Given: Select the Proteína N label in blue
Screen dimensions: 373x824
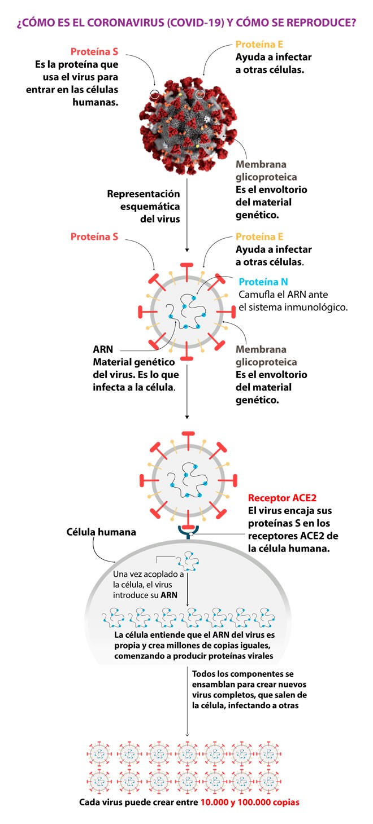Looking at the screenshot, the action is (x=263, y=282).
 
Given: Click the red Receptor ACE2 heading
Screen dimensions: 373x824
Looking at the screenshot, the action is (x=282, y=498).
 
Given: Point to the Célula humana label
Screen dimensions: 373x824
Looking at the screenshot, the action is (x=101, y=532).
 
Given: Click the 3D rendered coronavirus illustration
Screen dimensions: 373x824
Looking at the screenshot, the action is (x=188, y=125).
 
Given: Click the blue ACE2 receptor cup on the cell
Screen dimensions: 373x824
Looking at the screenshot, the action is (x=188, y=531).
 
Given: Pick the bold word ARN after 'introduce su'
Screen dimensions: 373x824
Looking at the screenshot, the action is (x=169, y=595).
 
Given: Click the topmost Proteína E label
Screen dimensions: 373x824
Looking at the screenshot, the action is (x=259, y=45).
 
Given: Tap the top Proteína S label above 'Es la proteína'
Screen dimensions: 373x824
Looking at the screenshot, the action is (x=94, y=51).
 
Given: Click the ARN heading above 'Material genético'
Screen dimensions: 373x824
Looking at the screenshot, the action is (x=103, y=349).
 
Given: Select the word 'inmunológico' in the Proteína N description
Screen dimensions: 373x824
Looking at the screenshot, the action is (x=316, y=307).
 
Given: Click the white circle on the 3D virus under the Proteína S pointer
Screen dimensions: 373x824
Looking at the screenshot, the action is (x=155, y=95).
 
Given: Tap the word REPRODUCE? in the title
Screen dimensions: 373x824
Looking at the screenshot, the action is (x=321, y=23).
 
